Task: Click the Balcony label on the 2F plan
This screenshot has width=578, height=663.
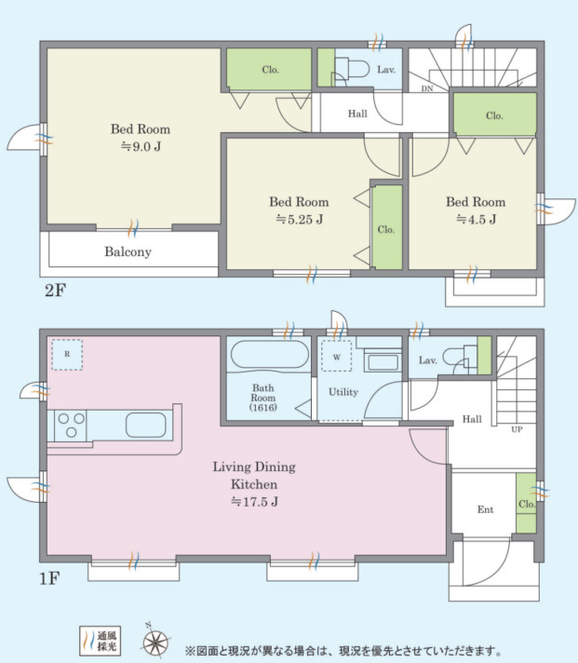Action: [128, 252]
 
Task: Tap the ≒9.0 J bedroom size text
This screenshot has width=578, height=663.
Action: [141, 147]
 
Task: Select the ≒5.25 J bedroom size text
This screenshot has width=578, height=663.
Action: [299, 220]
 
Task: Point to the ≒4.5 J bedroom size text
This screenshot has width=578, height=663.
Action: [477, 220]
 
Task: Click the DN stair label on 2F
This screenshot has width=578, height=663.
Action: [427, 88]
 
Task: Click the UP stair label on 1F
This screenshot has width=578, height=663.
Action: [517, 429]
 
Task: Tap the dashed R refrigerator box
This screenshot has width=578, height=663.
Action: [67, 355]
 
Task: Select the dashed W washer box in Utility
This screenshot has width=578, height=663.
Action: [336, 356]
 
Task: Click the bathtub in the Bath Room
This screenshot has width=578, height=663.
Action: [270, 355]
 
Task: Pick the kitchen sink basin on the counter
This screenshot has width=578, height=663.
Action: [146, 425]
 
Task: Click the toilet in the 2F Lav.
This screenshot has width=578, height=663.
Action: [352, 69]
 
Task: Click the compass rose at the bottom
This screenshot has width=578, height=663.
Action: [155, 643]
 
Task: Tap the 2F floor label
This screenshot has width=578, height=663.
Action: [56, 291]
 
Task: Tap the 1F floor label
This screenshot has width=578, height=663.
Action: [49, 578]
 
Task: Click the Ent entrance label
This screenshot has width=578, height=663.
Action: [486, 509]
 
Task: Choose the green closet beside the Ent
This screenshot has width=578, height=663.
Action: [526, 503]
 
